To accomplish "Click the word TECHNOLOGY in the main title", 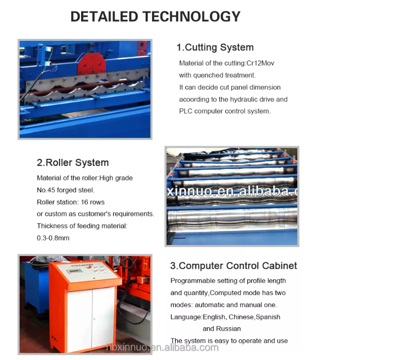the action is tap(191, 17).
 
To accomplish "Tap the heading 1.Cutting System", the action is tap(215, 47).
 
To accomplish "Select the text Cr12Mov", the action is tap(260, 63).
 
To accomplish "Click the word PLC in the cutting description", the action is tap(186, 111).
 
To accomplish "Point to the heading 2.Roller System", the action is tap(73, 163).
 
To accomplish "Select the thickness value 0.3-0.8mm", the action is tap(53, 238).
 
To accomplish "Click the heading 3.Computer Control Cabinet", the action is tap(233, 266).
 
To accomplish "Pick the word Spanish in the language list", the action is tap(268, 317).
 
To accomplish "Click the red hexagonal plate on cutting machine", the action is tap(91, 64).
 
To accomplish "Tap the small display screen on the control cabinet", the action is tap(74, 271).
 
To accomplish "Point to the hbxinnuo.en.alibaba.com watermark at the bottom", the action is tap(162, 347).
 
